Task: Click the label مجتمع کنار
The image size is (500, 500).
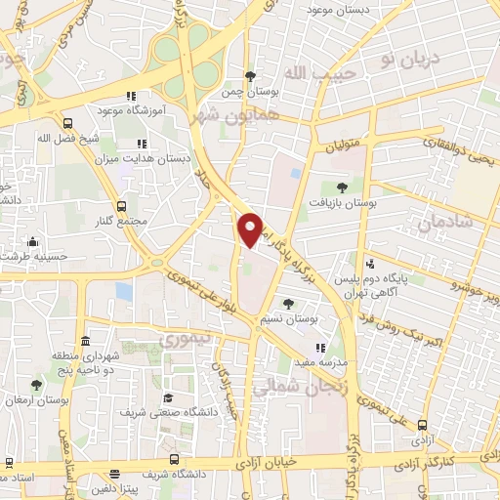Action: pos(123,221)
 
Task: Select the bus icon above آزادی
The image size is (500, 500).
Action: pos(422,425)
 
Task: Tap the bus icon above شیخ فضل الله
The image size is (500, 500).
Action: pos(67,123)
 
